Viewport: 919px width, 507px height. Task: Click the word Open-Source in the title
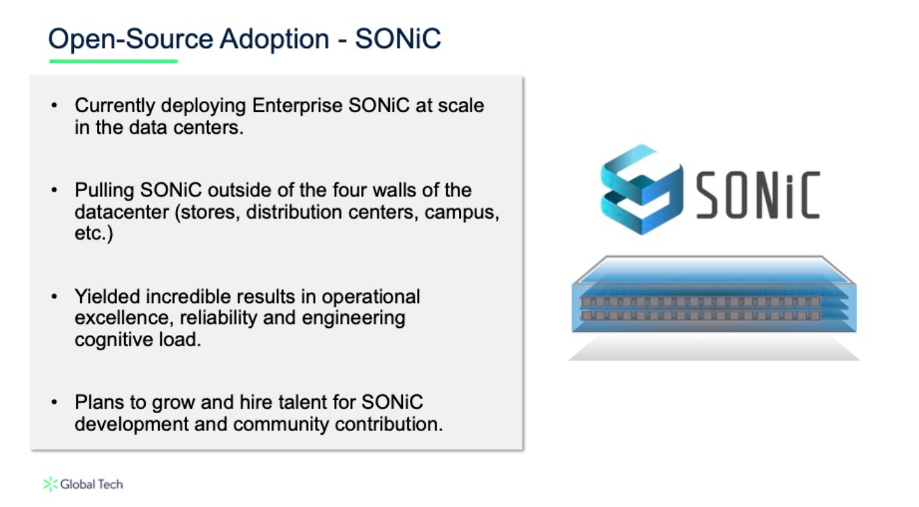[130, 39]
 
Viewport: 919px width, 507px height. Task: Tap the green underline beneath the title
[113, 61]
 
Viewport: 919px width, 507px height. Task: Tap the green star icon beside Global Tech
[50, 484]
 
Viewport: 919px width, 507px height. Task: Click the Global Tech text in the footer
[91, 484]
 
